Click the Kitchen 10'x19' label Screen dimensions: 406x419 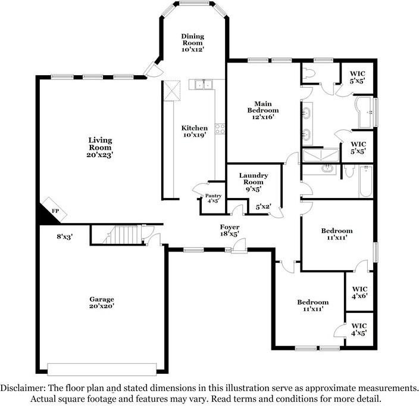[x=195, y=132]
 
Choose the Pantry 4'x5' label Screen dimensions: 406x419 [x=213, y=199]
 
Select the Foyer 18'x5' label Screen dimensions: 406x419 [x=229, y=231]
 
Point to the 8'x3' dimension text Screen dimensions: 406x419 [x=64, y=237]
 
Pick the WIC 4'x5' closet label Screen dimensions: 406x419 [x=359, y=329]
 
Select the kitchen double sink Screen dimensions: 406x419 [x=202, y=85]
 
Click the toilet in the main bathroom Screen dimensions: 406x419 [x=308, y=74]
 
